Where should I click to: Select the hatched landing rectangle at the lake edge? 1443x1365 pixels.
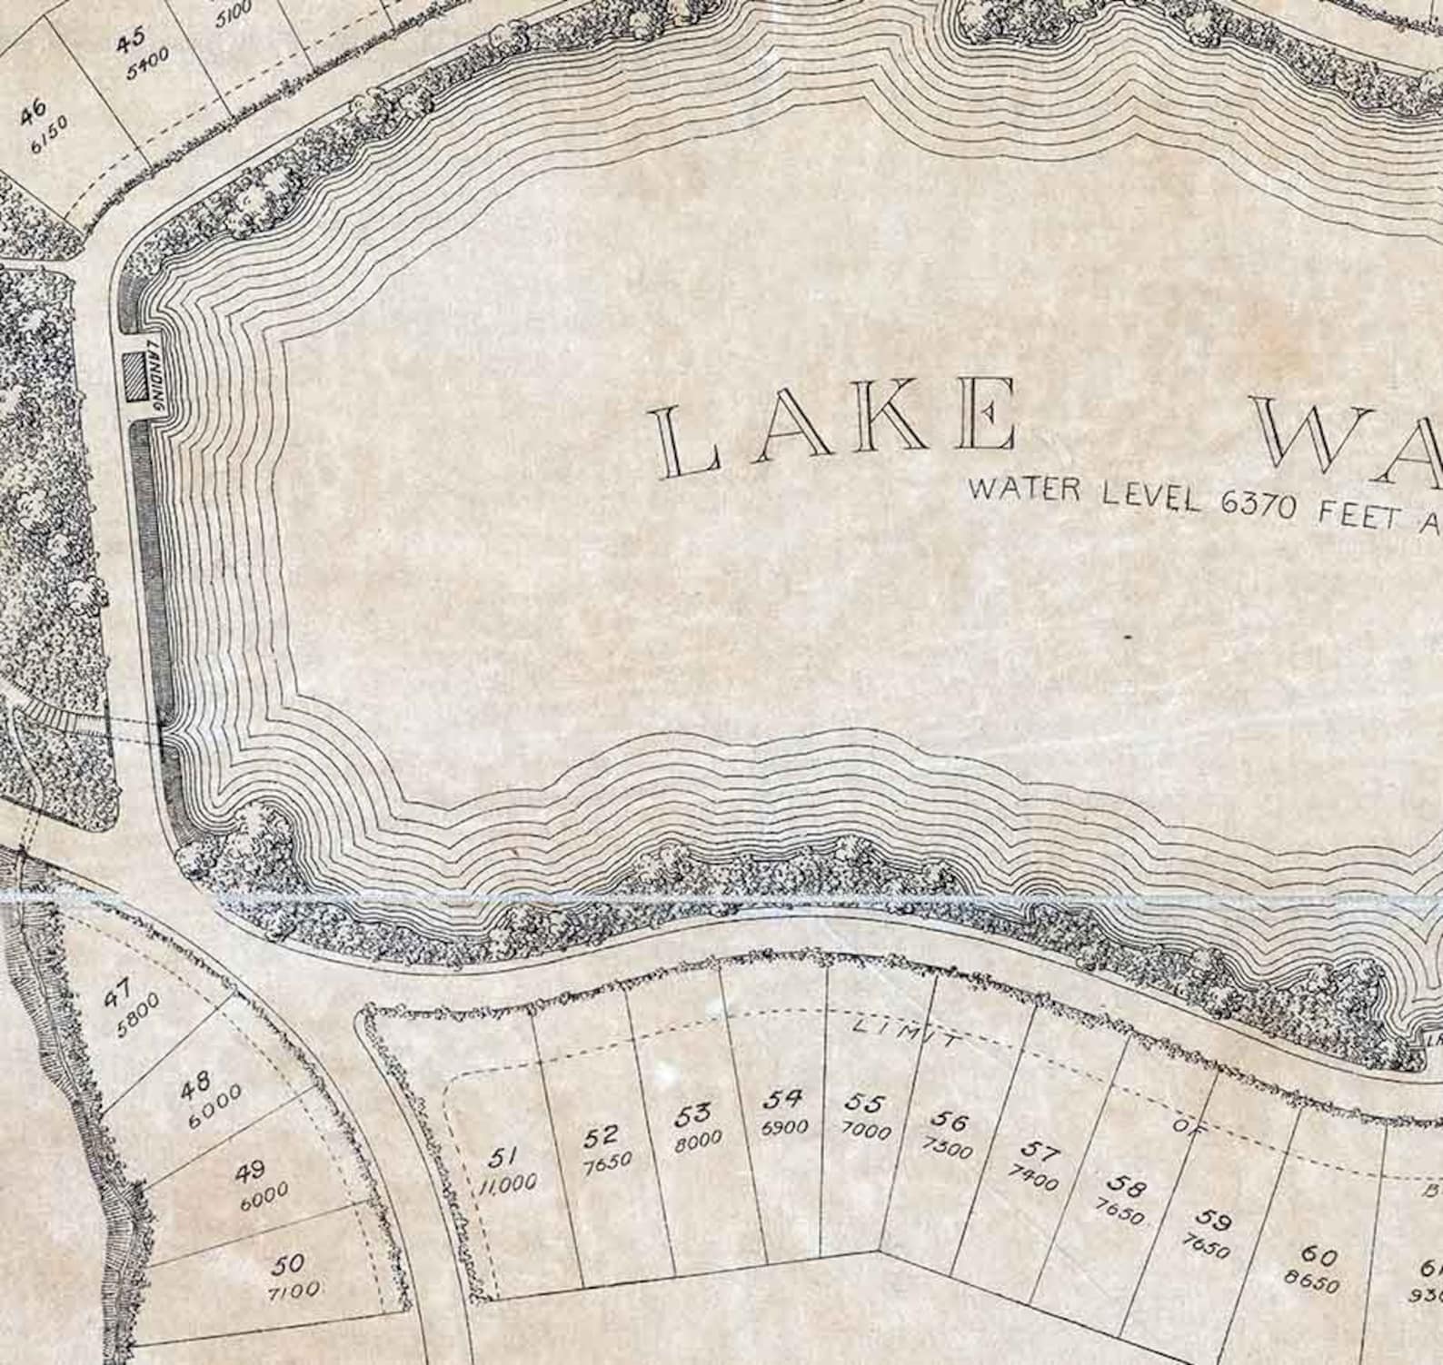pyautogui.click(x=136, y=376)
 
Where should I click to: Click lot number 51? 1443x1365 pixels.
pyautogui.click(x=502, y=1157)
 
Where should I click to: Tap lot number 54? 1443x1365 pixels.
pyautogui.click(x=782, y=1098)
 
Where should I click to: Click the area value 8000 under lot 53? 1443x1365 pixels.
pyautogui.click(x=698, y=1141)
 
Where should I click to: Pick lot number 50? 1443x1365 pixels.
pyautogui.click(x=292, y=1263)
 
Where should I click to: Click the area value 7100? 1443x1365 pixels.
pyautogui.click(x=294, y=1289)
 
